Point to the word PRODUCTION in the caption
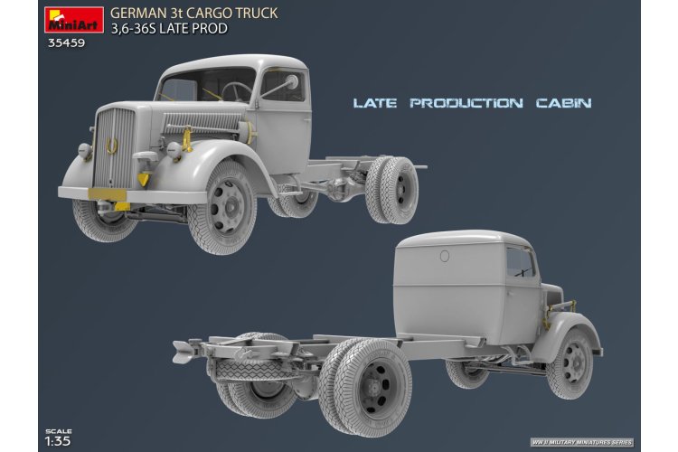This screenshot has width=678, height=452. point(466,103)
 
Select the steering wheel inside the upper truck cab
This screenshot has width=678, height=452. point(236,91)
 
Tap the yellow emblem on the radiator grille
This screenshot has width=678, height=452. point(111,145)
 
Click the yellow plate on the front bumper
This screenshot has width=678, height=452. point(107,193)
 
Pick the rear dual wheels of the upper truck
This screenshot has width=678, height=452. point(391,189)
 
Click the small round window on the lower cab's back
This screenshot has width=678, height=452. point(444,256)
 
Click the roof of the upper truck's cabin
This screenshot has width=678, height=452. point(240,62)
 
